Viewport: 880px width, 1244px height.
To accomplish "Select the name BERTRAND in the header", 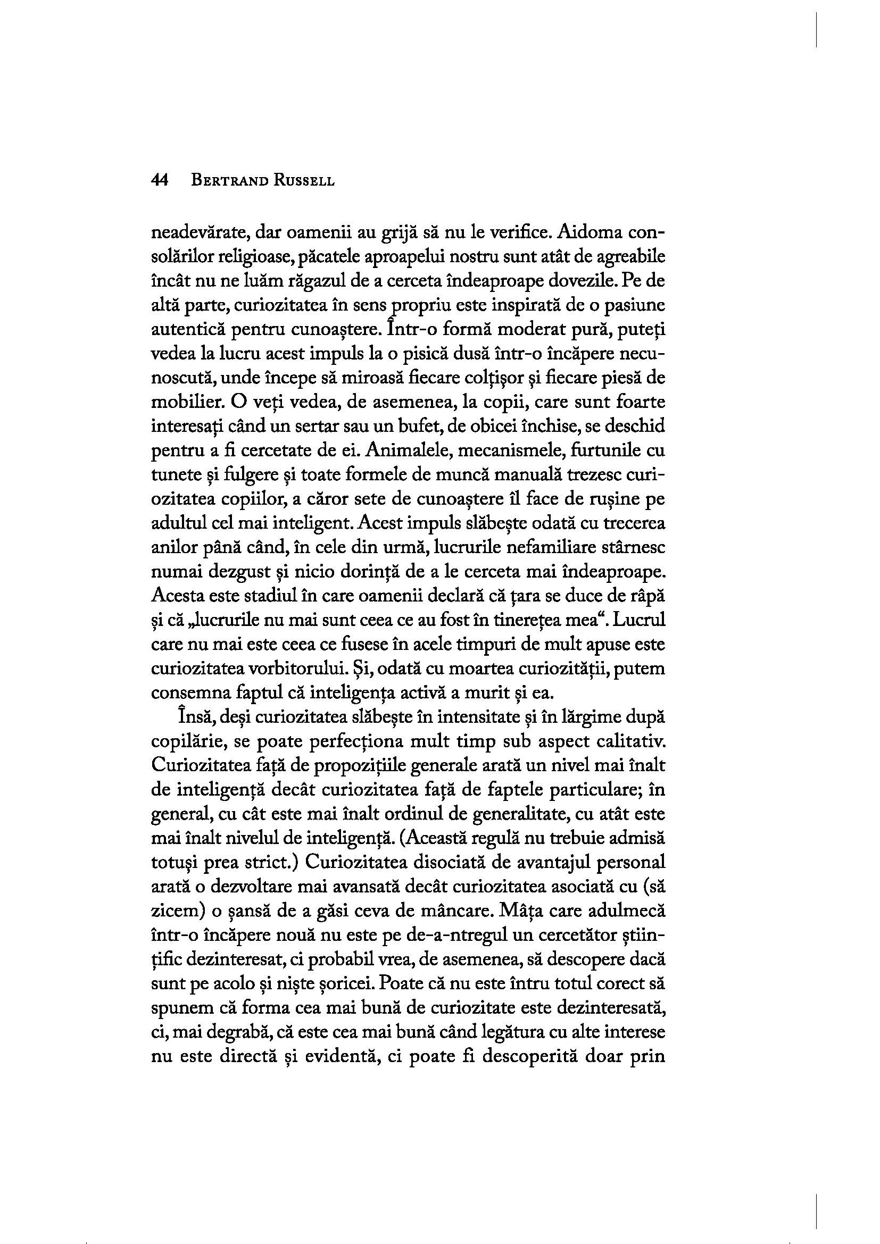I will [228, 181].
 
